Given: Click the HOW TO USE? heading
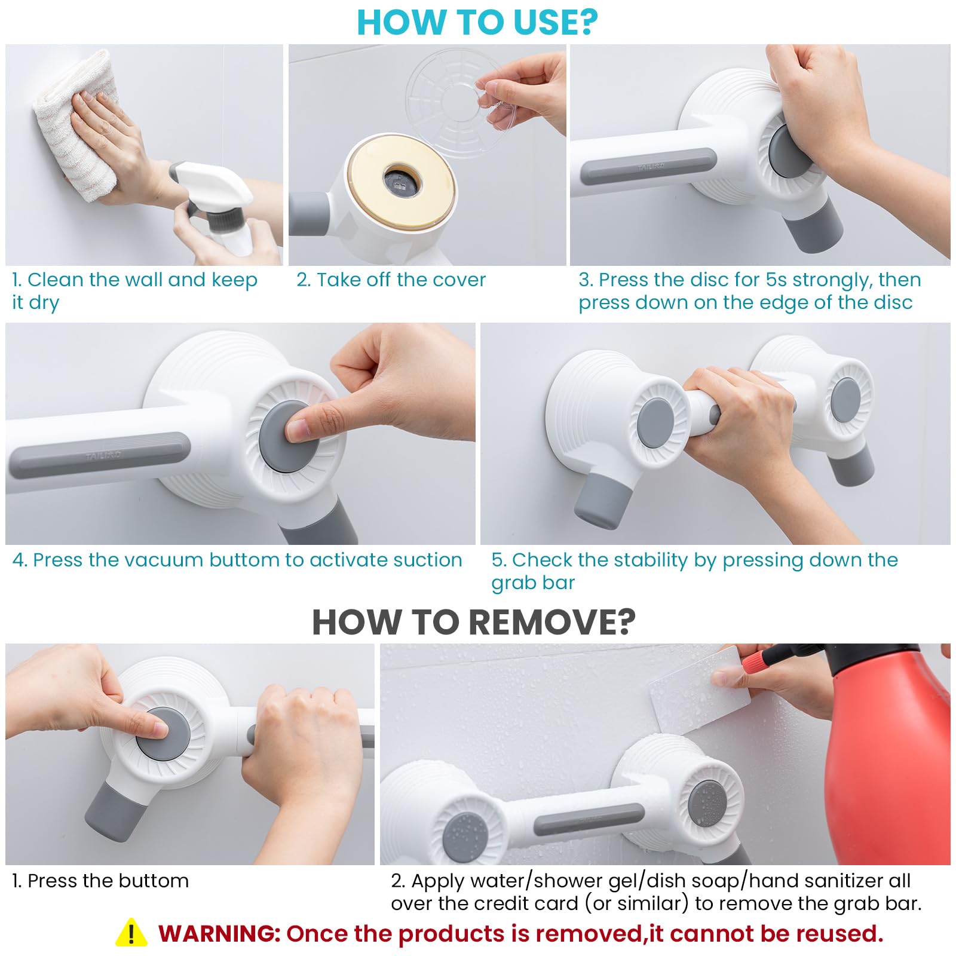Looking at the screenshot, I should click(477, 22).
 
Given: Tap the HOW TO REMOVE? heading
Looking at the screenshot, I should click(474, 622).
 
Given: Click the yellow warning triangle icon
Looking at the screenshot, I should click(131, 933).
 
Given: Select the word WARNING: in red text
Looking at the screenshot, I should click(219, 933).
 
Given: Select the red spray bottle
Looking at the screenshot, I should click(890, 759).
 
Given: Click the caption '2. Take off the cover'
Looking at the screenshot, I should click(391, 280).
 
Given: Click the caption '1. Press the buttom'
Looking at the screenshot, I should click(100, 881).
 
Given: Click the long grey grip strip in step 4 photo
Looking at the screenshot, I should click(99, 455).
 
